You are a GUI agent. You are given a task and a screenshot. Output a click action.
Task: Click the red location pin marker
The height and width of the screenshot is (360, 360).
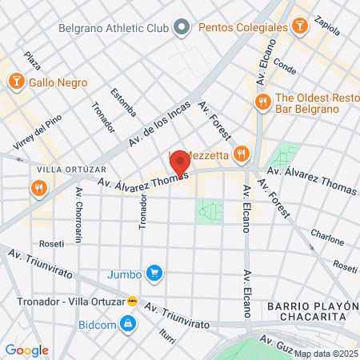[179, 164]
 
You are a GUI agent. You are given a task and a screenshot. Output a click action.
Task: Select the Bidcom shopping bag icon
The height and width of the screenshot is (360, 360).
[126, 323]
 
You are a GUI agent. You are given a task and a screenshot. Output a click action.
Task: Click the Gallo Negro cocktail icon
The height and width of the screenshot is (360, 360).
[16, 82]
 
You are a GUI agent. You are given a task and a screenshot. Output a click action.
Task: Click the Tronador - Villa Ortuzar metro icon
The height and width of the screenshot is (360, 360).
[133, 302]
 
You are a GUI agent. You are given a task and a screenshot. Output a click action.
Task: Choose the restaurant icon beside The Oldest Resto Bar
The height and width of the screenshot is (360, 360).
[262, 102]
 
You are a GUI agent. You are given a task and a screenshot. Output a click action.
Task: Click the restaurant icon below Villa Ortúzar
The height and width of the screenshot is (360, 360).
[38, 189]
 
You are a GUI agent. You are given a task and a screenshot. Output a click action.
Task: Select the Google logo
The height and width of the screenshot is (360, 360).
[26, 350]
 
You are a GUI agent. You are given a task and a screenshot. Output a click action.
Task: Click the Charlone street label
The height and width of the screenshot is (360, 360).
[327, 236]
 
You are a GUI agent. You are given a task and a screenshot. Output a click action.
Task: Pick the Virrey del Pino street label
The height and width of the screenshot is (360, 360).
[28, 136]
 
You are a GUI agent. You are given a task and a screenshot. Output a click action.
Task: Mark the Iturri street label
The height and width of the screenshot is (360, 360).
[166, 337]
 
